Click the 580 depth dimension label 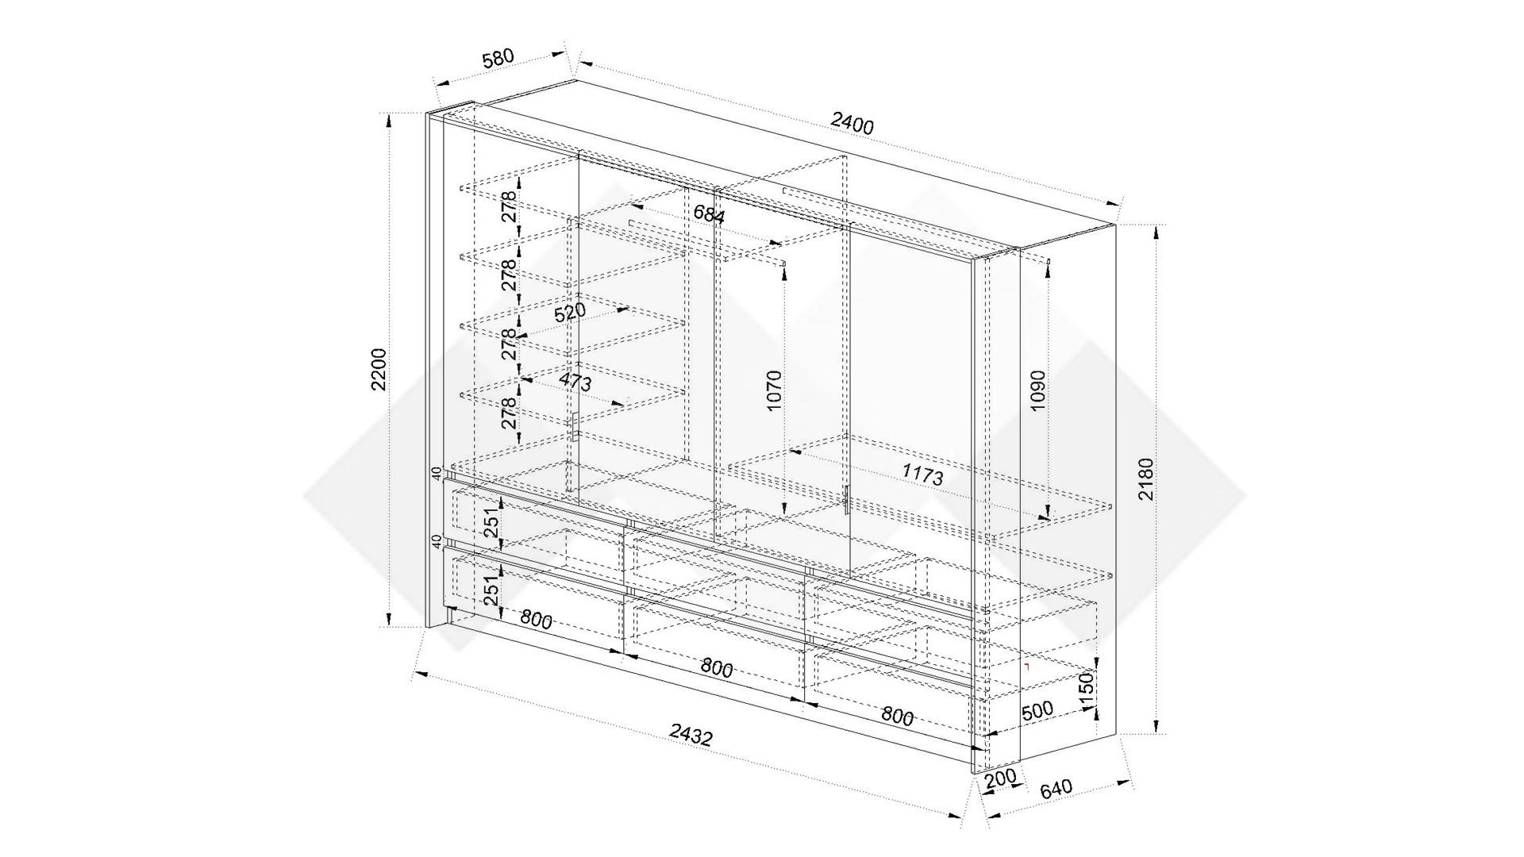click(498, 59)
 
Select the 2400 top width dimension click(852, 124)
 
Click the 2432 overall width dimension click(691, 736)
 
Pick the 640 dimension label click(1055, 788)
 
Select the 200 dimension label click(1000, 779)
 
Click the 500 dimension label click(1037, 710)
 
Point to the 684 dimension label click(709, 213)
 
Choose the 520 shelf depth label click(570, 312)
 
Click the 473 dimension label click(575, 382)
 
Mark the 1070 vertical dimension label click(775, 390)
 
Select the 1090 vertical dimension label click(1038, 390)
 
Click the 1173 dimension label click(922, 475)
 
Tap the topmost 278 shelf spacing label click(509, 206)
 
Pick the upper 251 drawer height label click(492, 522)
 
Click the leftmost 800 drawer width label click(537, 619)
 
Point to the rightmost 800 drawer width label click(897, 717)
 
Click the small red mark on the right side click(1026, 667)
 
